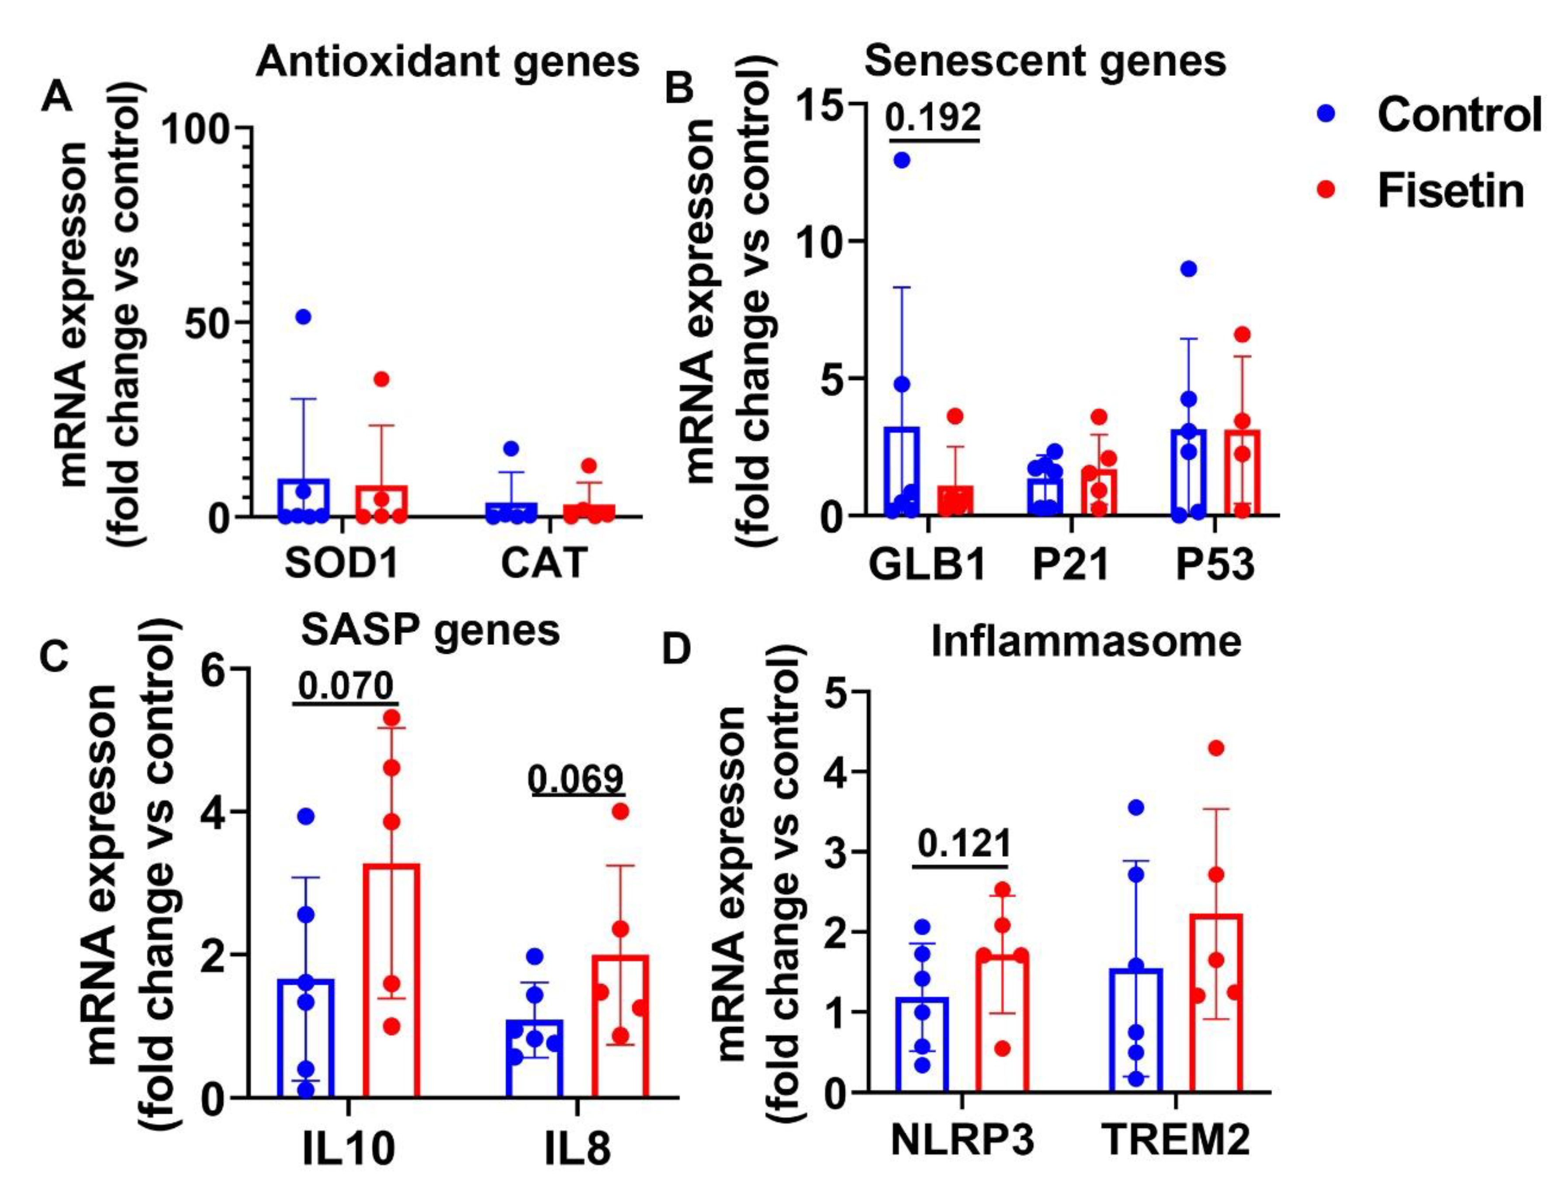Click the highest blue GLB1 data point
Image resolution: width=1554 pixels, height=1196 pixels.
pyautogui.click(x=902, y=160)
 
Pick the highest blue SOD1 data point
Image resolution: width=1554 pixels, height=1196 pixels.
pyautogui.click(x=304, y=317)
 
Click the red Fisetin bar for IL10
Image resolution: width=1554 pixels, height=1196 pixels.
pyautogui.click(x=391, y=981)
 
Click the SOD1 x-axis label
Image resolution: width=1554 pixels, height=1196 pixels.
pyautogui.click(x=341, y=564)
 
